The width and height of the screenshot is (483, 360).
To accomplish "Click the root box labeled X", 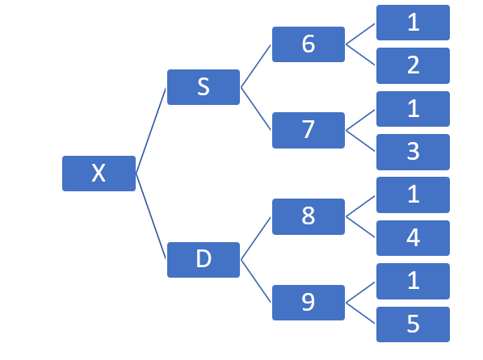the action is [99, 174].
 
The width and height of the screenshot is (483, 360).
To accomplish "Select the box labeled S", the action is [204, 87].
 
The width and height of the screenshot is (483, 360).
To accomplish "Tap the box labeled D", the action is [204, 260].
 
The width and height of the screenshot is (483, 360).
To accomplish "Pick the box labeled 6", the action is [309, 44].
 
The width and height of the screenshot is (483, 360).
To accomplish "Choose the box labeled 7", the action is [309, 130].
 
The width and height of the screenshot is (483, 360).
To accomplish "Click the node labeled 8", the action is [309, 216].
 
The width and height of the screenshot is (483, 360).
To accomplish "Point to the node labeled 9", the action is [309, 303].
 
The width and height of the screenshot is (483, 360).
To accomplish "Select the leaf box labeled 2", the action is [413, 65].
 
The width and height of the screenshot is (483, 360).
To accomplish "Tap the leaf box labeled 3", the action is [413, 152].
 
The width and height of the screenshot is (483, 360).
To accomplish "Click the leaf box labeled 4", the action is [413, 238].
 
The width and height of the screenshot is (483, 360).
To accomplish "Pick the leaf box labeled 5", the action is [413, 324].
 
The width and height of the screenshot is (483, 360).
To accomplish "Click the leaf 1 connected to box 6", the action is [413, 23].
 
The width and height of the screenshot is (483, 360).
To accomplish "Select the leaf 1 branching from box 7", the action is [413, 109].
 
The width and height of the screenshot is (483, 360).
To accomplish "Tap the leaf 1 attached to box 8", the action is [413, 195].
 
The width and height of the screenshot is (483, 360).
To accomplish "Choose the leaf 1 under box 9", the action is [413, 281].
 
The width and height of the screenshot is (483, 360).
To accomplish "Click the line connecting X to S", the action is [150, 131].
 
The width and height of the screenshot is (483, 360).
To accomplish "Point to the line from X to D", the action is [150, 216].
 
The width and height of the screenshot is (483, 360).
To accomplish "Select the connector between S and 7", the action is [256, 109].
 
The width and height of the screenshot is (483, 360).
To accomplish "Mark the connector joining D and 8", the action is [256, 238].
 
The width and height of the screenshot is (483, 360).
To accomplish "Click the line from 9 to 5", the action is [360, 313].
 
